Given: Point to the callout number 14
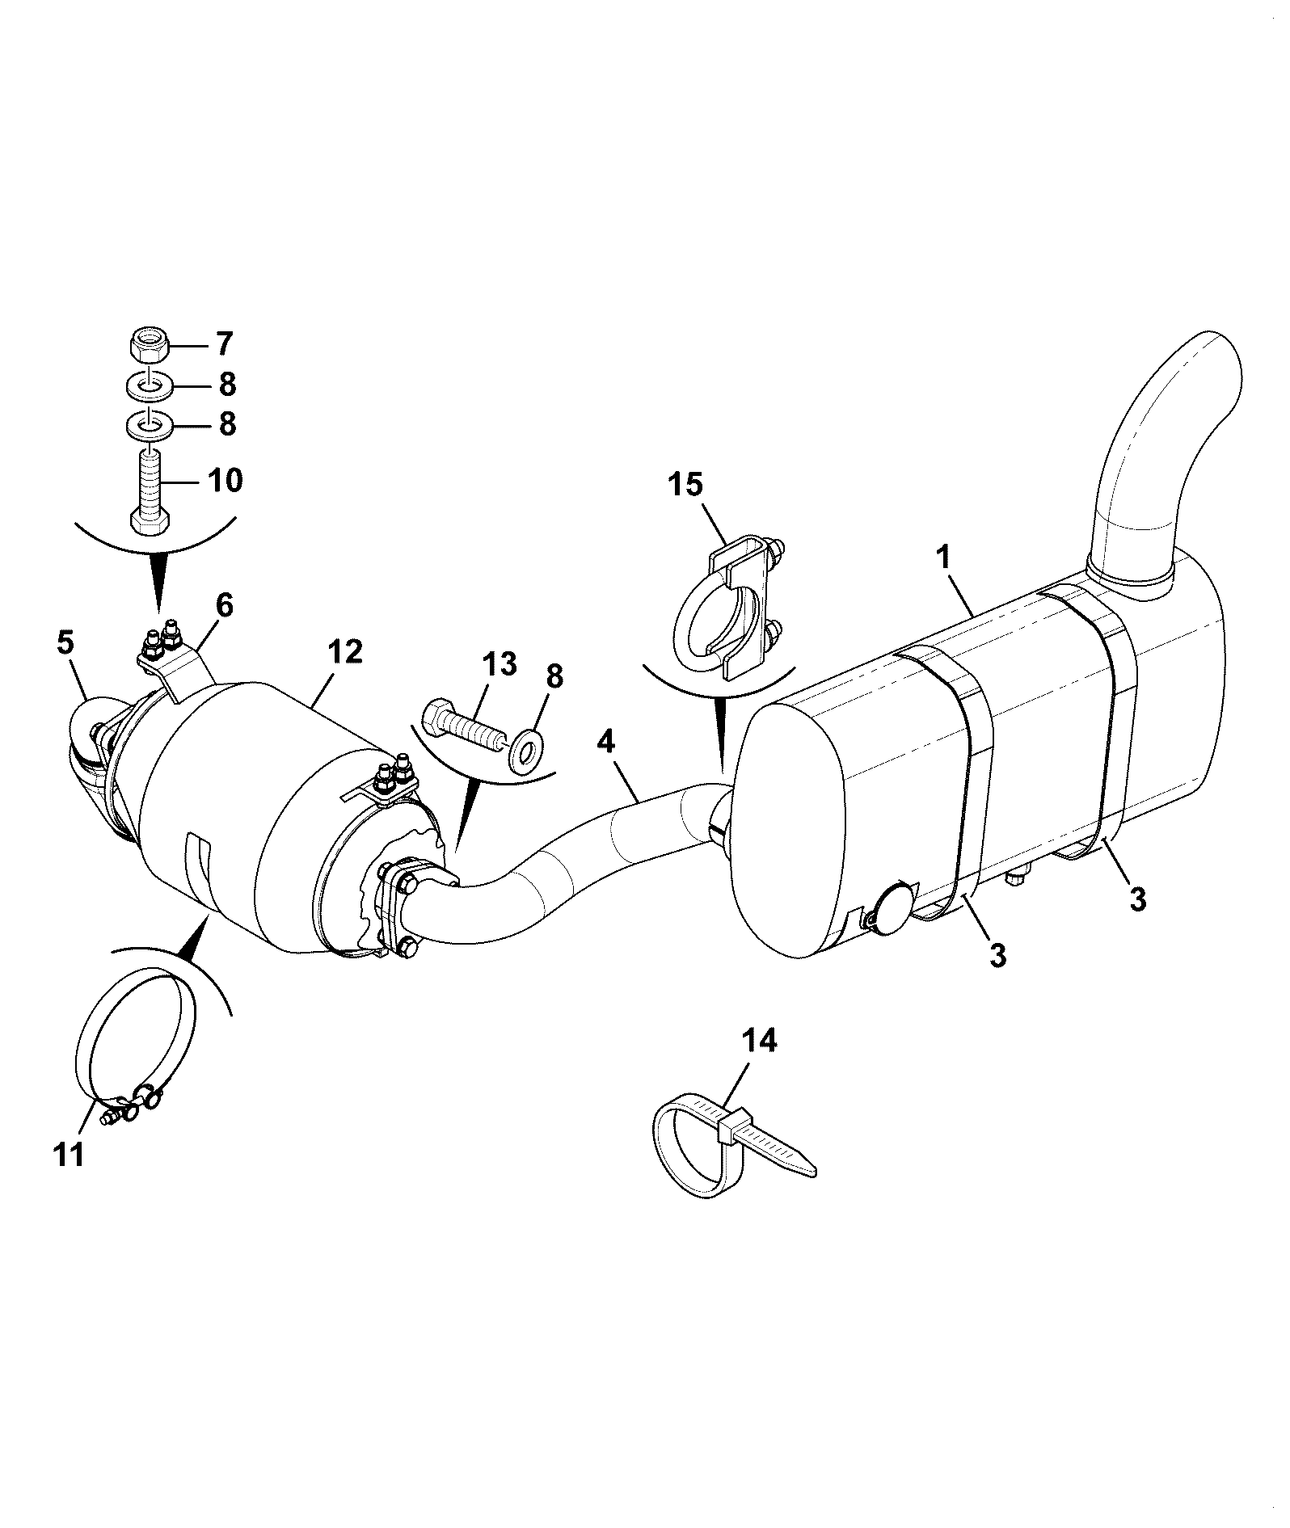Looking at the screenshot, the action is [x=759, y=1041].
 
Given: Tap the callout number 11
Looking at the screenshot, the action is [x=69, y=1155].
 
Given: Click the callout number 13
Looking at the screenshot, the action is [x=499, y=666].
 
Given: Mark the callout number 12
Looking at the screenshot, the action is [x=344, y=651].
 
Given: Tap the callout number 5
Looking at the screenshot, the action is [x=65, y=643].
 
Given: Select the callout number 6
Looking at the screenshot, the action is [x=224, y=605].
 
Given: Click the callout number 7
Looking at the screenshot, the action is [x=224, y=343].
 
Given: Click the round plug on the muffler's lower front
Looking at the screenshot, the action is [x=895, y=908].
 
